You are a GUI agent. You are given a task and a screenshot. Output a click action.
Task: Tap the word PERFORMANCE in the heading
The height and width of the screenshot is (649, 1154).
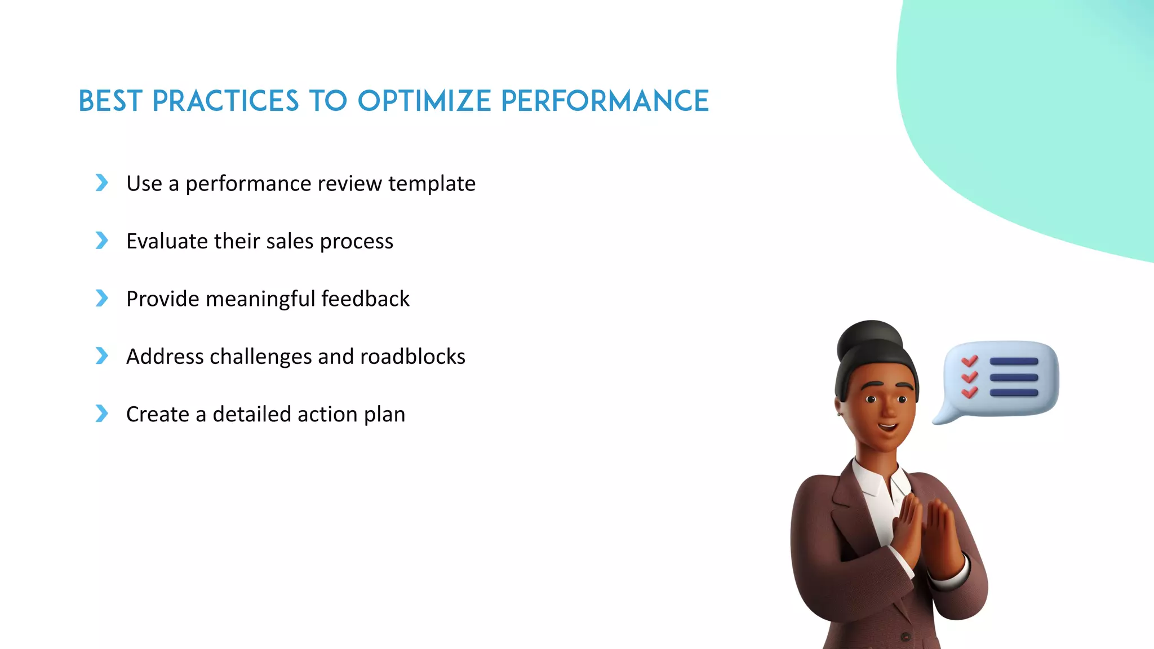(605, 101)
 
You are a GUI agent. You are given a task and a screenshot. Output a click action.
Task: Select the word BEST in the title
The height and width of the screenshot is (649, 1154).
(110, 101)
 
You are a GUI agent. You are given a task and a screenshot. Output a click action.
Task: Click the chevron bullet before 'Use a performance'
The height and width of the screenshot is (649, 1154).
(102, 183)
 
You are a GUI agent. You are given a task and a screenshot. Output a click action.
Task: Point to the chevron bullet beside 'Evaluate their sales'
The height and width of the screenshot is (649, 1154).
(102, 241)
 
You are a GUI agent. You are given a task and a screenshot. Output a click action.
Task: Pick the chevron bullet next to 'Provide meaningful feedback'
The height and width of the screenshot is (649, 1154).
(102, 298)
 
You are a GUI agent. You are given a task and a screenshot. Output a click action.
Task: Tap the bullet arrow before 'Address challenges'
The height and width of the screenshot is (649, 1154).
(102, 356)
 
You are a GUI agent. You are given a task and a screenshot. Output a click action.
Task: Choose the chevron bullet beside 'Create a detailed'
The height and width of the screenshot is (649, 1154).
(102, 414)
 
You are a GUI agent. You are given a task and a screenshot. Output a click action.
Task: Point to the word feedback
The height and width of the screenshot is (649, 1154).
(365, 299)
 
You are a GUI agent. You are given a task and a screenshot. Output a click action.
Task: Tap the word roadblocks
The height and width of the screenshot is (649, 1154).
(412, 357)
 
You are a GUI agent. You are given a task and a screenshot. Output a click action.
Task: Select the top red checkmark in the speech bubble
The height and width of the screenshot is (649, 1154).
(970, 361)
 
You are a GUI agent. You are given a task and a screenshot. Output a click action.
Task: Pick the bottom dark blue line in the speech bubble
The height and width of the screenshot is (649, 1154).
(1014, 393)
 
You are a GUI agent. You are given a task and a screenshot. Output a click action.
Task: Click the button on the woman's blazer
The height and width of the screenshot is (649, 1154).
(906, 637)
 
